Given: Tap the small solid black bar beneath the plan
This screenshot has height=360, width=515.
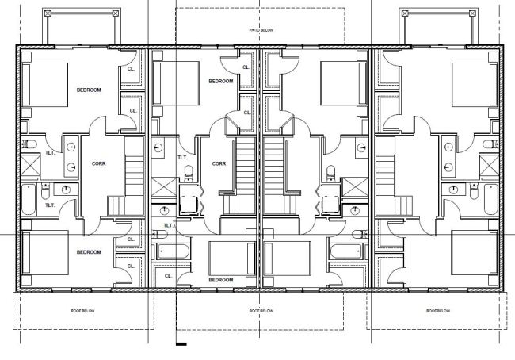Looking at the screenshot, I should click(181, 344).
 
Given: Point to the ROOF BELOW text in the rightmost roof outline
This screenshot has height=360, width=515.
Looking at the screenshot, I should click(436, 311).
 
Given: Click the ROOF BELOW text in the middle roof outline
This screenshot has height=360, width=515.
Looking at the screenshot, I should click(260, 311).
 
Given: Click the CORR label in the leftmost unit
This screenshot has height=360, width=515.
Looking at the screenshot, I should click(98, 163).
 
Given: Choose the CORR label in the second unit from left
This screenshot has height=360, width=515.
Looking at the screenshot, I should click(219, 163).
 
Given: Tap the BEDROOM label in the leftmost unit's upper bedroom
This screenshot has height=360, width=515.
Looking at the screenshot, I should click(89, 90).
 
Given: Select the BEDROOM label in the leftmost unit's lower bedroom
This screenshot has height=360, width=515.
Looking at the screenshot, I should click(89, 251).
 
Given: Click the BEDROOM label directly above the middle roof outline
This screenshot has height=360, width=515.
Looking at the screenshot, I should click(220, 280).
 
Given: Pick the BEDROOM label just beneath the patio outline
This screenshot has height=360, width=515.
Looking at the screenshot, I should click(220, 81).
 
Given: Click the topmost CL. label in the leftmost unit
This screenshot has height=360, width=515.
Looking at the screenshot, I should click(132, 69).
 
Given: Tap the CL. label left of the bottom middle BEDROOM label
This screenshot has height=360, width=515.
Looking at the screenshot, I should click(168, 275).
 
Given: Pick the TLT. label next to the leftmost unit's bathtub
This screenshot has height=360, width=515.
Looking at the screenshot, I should click(49, 205).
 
